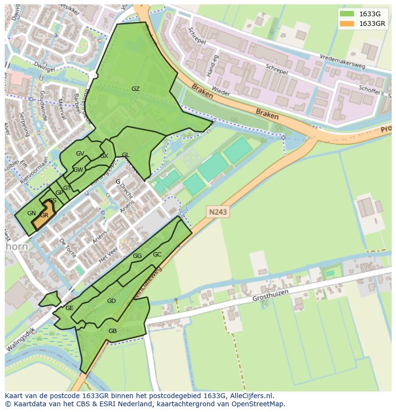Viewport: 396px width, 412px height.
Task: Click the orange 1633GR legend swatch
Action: click(347, 24)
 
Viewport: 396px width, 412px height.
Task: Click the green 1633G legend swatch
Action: click(347, 14)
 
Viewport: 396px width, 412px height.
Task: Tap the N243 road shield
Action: click(218, 211)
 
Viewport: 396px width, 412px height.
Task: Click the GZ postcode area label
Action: click(135, 89)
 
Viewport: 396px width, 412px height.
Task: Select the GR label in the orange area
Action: click(44, 215)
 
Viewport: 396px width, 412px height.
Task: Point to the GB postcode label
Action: click(112, 331)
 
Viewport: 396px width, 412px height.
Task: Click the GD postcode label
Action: click(111, 301)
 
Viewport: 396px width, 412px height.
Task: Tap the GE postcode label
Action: click(69, 308)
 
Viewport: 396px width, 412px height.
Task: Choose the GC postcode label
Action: click(157, 255)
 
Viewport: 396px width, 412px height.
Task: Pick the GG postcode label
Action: click(137, 256)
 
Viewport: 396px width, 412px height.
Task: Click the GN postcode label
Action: click(32, 213)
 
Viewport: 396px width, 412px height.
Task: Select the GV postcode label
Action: click(80, 154)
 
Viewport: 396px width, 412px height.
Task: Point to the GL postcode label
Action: click(125, 155)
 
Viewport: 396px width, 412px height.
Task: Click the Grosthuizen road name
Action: click(271, 298)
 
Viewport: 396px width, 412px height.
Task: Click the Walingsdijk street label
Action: click(22, 341)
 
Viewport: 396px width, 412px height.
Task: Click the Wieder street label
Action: click(221, 92)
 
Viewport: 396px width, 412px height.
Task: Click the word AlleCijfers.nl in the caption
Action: click(250, 396)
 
